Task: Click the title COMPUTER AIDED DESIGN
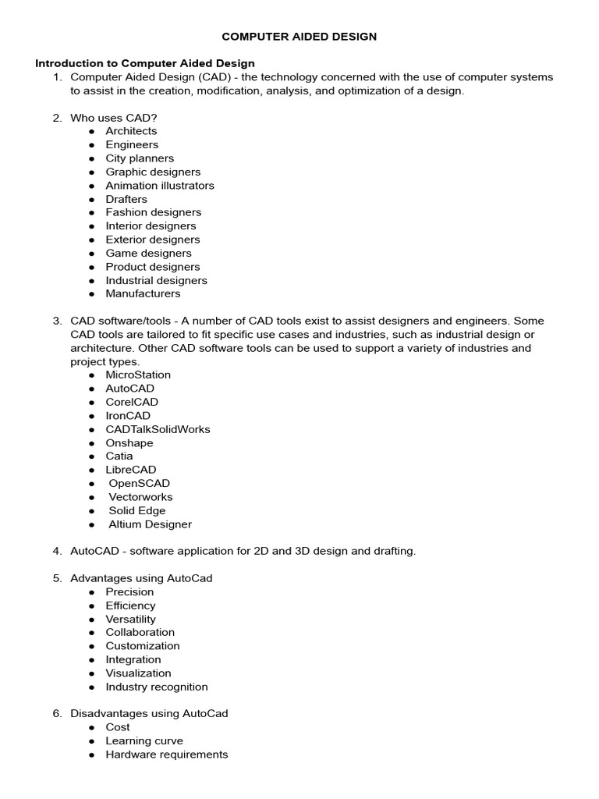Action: click(x=299, y=36)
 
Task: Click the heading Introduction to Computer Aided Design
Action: click(x=145, y=63)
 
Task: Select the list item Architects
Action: click(x=131, y=131)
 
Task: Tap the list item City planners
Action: click(x=140, y=158)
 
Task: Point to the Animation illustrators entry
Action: click(x=160, y=186)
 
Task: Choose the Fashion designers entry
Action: click(x=153, y=212)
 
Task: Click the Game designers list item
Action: click(x=148, y=253)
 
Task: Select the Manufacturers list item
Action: click(x=143, y=293)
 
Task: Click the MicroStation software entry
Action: click(x=138, y=375)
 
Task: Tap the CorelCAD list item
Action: click(x=132, y=402)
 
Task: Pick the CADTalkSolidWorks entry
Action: click(x=158, y=429)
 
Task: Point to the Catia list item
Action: click(x=119, y=456)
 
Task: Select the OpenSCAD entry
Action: click(x=139, y=483)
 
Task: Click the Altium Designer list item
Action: click(x=150, y=524)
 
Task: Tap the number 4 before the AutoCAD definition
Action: click(x=57, y=551)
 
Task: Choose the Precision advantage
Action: click(x=129, y=591)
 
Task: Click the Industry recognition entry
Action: click(x=157, y=687)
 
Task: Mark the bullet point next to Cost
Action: click(x=91, y=727)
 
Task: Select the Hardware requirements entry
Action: click(x=167, y=755)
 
